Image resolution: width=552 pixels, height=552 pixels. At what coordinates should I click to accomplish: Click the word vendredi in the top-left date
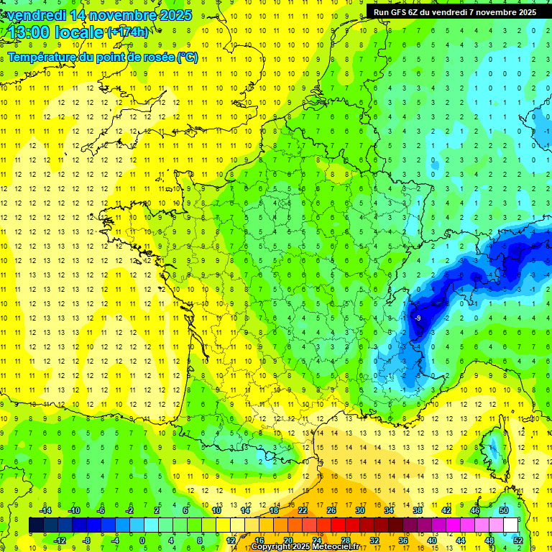34,15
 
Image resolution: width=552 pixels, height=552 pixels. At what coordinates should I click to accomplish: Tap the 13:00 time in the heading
28,32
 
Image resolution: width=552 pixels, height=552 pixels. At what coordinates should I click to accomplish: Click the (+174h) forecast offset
128,32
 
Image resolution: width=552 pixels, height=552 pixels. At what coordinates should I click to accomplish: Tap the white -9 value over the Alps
418,318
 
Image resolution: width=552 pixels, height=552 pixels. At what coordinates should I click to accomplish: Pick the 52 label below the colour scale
518,540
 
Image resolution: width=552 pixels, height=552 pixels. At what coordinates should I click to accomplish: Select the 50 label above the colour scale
504,510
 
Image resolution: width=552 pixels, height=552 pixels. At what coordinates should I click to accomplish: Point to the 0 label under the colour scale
142,540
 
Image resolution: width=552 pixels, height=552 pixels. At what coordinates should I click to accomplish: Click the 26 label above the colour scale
331,510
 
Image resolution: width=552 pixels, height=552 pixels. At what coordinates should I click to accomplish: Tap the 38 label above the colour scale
418,510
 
